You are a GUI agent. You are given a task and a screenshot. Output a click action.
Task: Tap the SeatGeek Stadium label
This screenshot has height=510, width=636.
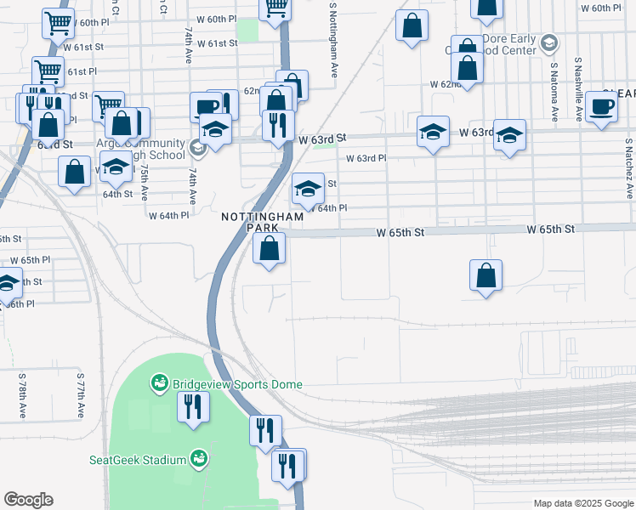(x=138, y=460)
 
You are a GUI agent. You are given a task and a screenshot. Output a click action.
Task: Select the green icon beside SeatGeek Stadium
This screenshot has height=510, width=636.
(x=198, y=459)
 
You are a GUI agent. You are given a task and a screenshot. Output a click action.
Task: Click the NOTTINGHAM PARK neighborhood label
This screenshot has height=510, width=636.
(x=251, y=222)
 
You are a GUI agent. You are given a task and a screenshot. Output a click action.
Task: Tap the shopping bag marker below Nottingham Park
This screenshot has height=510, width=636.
(x=270, y=249)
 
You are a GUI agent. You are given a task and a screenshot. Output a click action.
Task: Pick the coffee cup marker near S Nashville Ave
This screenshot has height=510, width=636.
(x=602, y=107)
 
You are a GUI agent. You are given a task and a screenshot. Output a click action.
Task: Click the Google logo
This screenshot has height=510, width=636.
(x=28, y=500)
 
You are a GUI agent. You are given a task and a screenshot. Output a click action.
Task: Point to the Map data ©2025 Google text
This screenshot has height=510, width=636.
(x=582, y=503)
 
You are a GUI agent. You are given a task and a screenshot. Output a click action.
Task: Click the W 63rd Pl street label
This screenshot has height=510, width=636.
(x=366, y=158)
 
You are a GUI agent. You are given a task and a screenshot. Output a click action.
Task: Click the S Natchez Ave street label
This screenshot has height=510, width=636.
(x=629, y=169)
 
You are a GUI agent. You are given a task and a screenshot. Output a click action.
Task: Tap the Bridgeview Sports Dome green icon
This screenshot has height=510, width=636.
(x=159, y=384)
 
